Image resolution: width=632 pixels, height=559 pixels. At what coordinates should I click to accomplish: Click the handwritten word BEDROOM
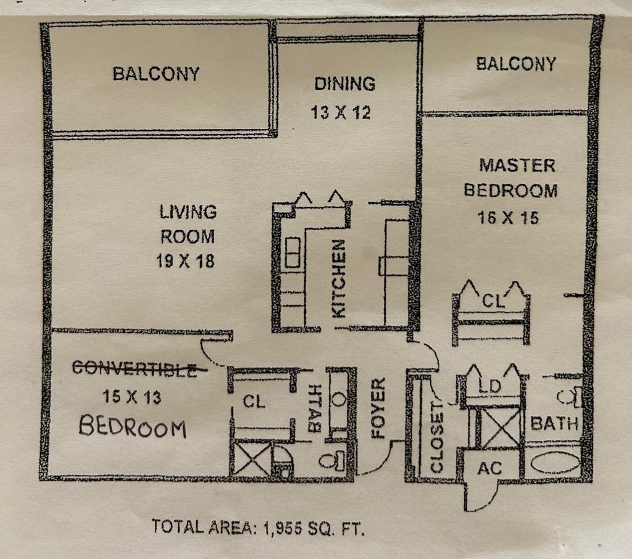[x=133, y=427]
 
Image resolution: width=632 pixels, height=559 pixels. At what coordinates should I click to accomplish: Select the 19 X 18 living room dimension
[x=185, y=260]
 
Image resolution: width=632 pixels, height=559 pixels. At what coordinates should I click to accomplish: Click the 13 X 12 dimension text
[x=340, y=113]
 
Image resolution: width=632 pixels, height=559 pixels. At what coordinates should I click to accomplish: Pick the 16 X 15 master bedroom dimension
[x=508, y=218]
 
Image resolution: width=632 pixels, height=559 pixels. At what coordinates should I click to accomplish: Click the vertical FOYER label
[x=378, y=408]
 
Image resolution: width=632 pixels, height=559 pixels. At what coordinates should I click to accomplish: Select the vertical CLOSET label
[x=437, y=439]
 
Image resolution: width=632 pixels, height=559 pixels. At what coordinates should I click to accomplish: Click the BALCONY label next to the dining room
[x=156, y=74]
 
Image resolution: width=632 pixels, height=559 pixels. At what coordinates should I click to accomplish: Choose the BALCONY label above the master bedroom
[x=516, y=64]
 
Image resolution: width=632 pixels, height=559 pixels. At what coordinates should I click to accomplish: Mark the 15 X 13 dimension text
[x=132, y=397]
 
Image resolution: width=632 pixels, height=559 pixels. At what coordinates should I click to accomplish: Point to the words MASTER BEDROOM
[x=510, y=178]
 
